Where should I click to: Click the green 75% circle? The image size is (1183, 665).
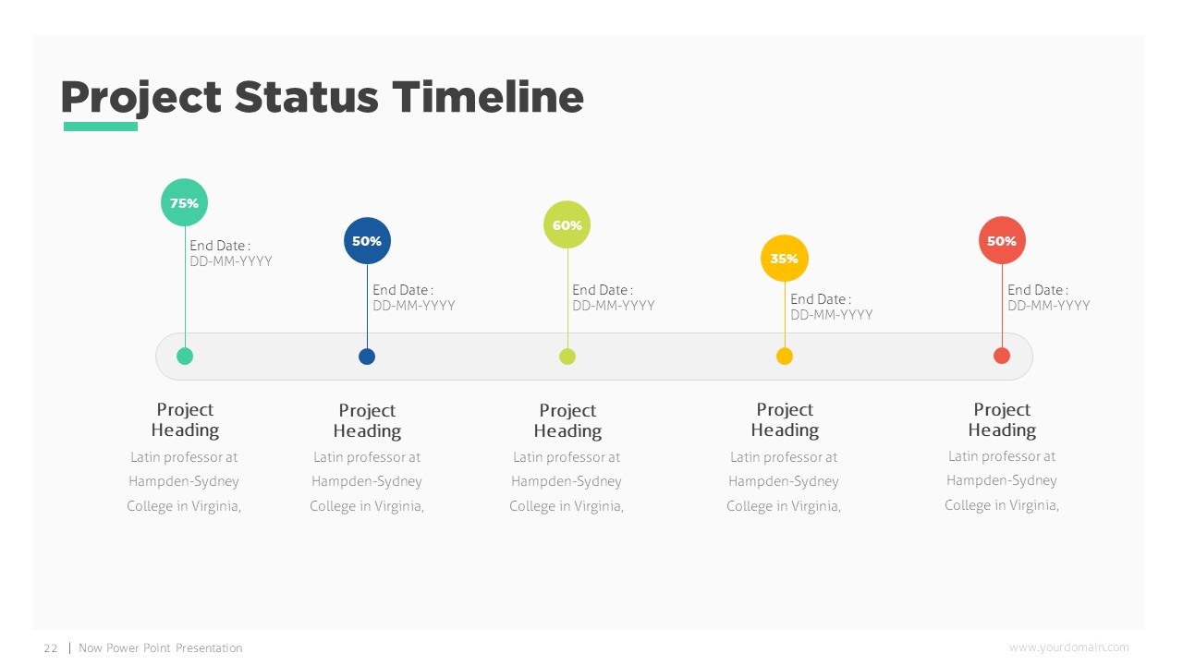point(185,202)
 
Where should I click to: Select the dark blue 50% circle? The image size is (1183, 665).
point(367,241)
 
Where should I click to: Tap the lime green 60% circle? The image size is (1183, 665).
point(567,224)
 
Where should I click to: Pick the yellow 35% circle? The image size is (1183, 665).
point(785,259)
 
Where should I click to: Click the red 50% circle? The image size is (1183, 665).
point(1002,240)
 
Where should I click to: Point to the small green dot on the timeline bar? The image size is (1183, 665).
point(185,356)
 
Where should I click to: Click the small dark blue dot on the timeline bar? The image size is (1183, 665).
point(367,357)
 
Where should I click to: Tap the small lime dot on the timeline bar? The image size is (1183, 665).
point(567,357)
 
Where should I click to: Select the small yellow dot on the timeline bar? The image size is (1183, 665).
point(785,356)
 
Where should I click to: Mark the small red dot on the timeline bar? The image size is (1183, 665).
point(1002,356)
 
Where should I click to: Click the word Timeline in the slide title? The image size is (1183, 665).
point(487,97)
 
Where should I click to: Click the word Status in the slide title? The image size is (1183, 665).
point(306,97)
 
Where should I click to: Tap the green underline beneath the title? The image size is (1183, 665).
point(100,127)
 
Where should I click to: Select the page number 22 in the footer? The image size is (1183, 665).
point(51,648)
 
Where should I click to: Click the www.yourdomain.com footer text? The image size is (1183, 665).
point(1068,647)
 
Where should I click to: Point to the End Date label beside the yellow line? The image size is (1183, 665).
point(820,299)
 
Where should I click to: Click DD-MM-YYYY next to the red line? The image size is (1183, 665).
point(1048,306)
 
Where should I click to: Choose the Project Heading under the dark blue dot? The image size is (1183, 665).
point(367,420)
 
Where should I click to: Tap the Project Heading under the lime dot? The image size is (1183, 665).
point(567,420)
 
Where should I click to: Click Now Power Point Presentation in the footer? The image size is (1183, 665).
point(161,648)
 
